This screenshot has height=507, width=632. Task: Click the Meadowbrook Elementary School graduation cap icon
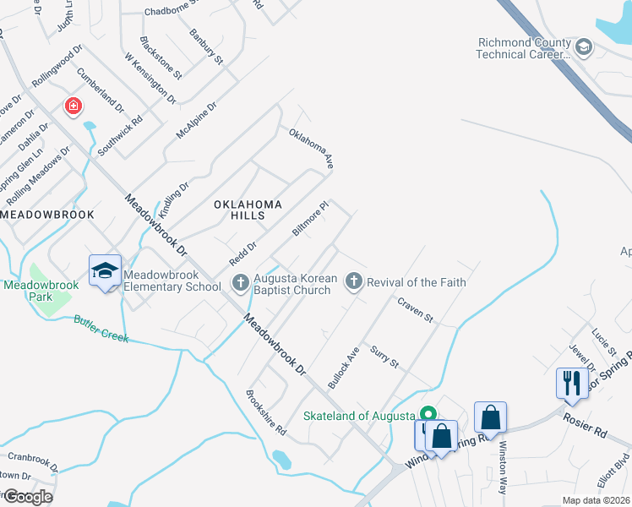pos(106,270)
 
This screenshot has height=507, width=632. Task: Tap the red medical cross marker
pos(74,106)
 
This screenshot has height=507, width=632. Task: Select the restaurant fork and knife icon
pos(572,382)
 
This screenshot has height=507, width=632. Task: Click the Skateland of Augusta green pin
pos(428,415)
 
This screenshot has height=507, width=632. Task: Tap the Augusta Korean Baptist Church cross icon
pos(240,282)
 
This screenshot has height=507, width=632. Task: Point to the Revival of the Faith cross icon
pos(354,282)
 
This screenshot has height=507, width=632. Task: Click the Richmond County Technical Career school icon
pos(582,48)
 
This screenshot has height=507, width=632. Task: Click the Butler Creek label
pos(101,329)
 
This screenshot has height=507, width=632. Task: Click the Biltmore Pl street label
pos(309,218)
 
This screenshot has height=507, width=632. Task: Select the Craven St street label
pos(415,310)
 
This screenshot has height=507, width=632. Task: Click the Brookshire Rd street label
pos(266,413)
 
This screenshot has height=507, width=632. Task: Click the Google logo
pos(28,497)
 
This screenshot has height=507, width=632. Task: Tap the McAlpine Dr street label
pos(196,121)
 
